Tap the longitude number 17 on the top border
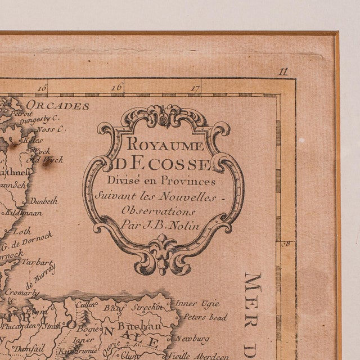195,88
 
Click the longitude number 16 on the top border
117,87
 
